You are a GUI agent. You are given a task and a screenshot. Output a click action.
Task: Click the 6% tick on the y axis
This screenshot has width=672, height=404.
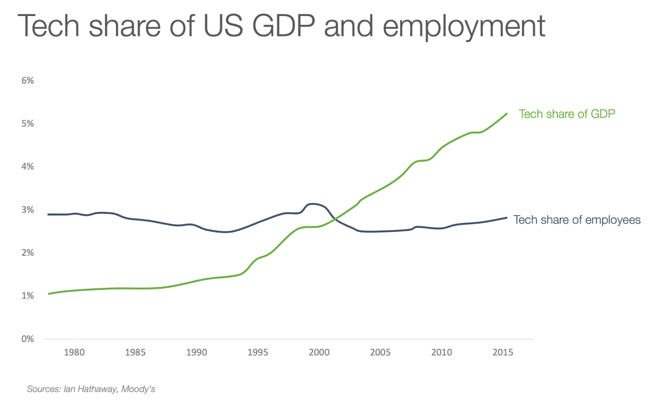coord(28,81)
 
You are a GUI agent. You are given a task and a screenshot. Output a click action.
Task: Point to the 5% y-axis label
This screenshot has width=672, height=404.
coord(28,123)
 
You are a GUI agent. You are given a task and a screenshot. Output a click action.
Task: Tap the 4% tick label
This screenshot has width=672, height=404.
coord(28,167)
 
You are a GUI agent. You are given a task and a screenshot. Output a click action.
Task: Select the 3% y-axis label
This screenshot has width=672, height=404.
coord(28,210)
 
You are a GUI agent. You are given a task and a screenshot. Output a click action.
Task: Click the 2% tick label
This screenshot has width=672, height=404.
coord(28,253)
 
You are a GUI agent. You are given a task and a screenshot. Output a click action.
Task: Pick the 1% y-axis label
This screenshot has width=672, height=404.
coord(28,296)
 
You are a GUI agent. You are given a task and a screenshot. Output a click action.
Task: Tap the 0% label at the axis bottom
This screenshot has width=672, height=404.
coord(28,339)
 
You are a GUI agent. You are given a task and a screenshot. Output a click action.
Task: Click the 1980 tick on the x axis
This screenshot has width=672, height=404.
coord(74,352)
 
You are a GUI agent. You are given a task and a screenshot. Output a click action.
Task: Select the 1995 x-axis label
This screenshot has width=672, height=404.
coord(258,352)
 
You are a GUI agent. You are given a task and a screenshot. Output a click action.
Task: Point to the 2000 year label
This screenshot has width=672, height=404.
coord(319,352)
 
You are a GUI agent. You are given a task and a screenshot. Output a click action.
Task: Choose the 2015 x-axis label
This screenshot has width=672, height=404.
coord(503,352)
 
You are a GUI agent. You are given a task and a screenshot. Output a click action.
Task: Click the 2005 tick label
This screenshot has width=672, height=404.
coord(381,352)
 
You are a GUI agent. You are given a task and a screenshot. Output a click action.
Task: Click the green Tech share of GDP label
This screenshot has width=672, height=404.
coord(567,114)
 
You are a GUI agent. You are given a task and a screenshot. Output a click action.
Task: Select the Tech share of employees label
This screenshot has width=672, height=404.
coord(577,220)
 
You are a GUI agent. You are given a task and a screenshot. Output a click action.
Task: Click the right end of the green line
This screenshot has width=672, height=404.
coord(507,113)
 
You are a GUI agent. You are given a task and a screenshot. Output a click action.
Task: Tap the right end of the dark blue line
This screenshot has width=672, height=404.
coord(507,218)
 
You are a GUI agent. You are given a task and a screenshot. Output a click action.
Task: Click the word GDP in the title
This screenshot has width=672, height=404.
coord(283,26)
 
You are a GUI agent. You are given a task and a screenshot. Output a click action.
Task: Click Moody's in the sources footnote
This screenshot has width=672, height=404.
coord(138,389)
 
